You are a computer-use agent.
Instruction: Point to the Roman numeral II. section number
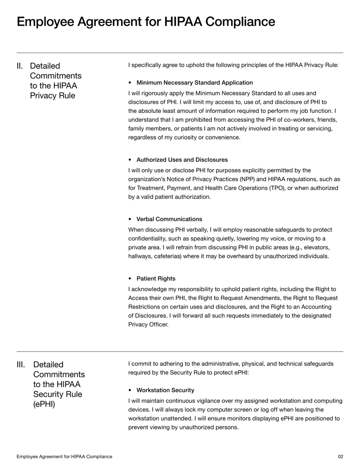pos(20,66)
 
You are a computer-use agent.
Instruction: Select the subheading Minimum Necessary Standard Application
pos(194,83)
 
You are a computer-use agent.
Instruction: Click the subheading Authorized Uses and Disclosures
pos(182,160)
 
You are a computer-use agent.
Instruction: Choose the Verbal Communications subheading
pos(169,219)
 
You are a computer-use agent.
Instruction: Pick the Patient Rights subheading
pos(156,279)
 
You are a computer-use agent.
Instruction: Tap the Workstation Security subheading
pos(165,390)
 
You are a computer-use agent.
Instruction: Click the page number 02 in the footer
pos(340,457)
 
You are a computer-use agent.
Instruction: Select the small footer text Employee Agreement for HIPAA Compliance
pos(65,457)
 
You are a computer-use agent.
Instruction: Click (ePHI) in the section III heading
pos(45,404)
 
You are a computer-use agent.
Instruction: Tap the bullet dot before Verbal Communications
pos(130,219)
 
